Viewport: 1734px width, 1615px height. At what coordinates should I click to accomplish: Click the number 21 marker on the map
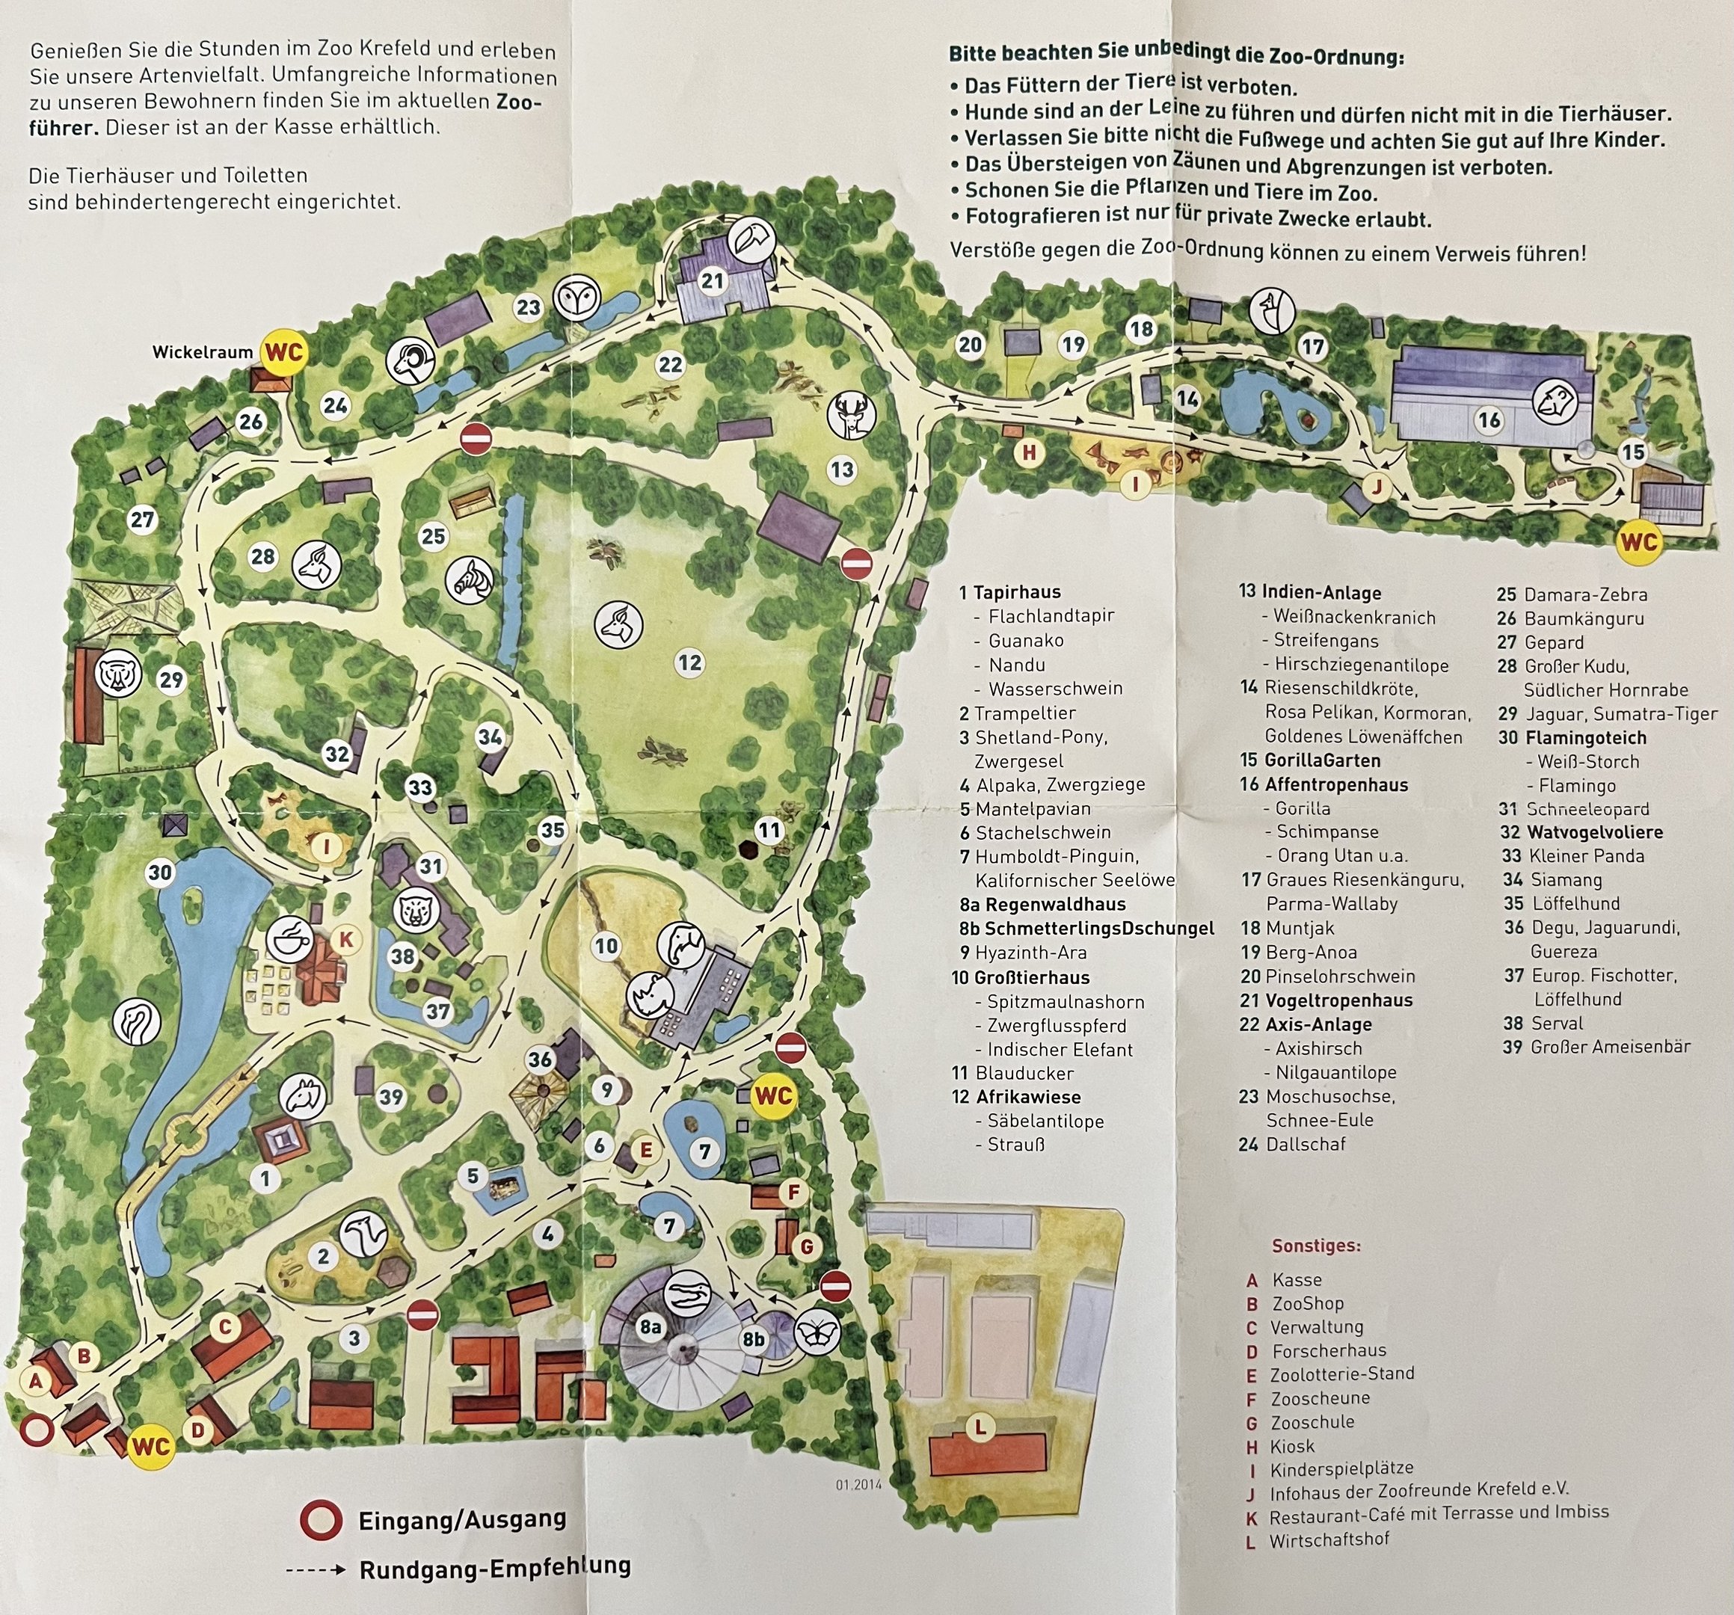tap(713, 281)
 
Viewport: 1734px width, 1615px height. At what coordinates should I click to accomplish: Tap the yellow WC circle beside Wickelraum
tap(284, 352)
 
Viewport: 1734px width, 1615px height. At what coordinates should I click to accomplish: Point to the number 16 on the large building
tap(1489, 420)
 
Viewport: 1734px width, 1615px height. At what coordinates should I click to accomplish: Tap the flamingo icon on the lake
tap(137, 1021)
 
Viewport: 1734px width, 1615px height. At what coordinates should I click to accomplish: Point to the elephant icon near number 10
tap(681, 944)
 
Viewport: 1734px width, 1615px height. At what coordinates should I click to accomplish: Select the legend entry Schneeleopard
tap(1587, 809)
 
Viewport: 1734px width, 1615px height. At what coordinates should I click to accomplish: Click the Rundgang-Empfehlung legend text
tap(494, 1566)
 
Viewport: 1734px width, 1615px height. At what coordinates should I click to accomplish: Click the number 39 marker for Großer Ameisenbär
tap(392, 1096)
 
